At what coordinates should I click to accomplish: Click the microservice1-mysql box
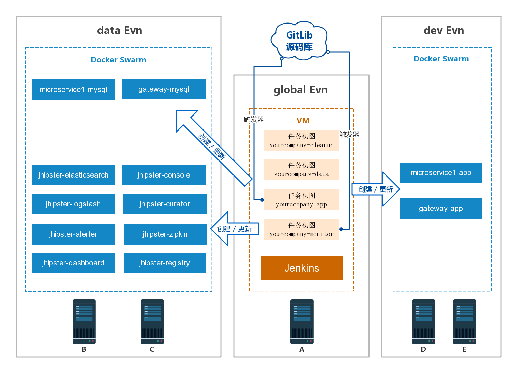tap(73, 90)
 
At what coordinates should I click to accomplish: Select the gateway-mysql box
tap(164, 89)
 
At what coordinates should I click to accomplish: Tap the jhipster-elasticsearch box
tap(73, 175)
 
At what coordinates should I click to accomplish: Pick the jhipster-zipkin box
tap(165, 234)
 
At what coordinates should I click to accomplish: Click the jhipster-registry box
tap(165, 263)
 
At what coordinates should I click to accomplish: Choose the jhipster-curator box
tap(165, 204)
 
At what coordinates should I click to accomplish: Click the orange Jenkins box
tap(302, 268)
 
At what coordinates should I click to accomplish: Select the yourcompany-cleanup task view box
tap(302, 140)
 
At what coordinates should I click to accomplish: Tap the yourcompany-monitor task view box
tap(302, 229)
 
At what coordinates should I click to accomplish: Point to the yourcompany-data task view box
tap(302, 169)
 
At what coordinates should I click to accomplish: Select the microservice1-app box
tap(441, 173)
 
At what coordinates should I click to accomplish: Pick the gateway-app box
tap(441, 209)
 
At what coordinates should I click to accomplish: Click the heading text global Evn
tap(300, 90)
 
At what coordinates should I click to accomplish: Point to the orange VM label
tap(303, 121)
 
